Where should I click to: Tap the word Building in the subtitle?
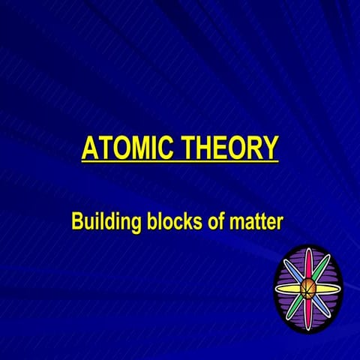point(104,222)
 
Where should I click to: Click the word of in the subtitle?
point(218,222)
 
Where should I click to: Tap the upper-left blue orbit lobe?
point(293,271)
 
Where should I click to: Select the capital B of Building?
point(77,222)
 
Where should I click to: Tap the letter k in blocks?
point(190,222)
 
